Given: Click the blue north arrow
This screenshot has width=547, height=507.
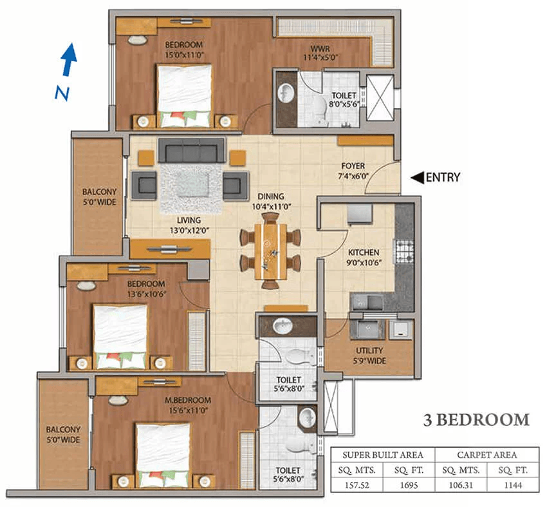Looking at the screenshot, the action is [69, 59].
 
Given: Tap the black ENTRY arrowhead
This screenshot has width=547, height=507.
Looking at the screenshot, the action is [417, 177].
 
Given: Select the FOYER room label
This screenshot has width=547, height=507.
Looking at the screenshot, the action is [353, 166].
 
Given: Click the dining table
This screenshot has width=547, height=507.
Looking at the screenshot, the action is [271, 251].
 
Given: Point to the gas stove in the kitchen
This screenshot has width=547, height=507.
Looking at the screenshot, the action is [404, 251].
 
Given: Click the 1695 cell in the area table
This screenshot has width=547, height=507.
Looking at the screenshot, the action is [409, 485].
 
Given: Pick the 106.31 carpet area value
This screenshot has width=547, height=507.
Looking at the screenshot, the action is [461, 485].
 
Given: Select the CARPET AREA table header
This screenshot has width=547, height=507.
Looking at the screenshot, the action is [487, 455].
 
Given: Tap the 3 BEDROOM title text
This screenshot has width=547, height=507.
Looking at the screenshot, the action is [476, 419].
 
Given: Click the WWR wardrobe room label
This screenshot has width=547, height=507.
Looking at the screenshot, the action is [320, 48].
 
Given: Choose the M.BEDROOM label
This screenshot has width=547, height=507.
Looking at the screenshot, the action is [188, 400].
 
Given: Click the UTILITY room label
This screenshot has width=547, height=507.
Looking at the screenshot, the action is [369, 350].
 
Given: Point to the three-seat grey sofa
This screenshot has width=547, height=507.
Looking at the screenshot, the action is [192, 150].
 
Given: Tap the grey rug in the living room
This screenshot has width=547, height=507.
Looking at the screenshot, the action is [191, 189].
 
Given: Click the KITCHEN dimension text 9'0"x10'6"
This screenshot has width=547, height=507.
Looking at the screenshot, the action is [364, 263].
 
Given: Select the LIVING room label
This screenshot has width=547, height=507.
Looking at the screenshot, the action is [189, 220].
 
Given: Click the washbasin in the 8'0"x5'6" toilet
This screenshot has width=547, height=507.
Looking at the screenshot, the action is [286, 93].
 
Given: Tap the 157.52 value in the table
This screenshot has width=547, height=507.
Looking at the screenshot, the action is [357, 485].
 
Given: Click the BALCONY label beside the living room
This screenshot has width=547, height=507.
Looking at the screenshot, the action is [99, 192].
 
